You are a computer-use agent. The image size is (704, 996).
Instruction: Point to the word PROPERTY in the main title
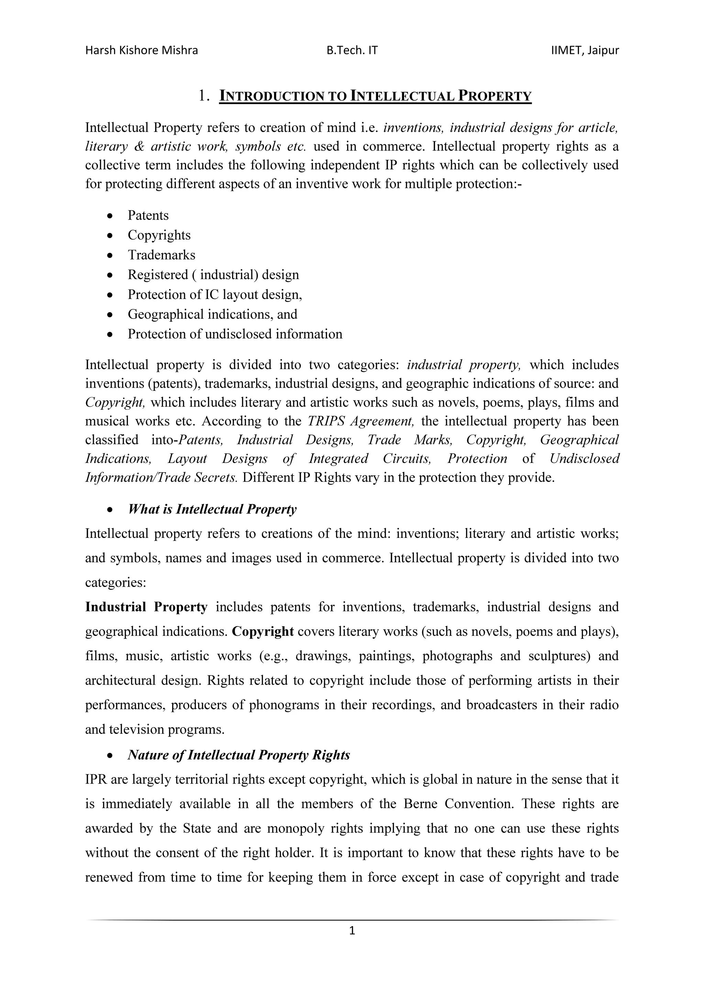point(495,96)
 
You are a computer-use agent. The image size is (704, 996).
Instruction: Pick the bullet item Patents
point(148,215)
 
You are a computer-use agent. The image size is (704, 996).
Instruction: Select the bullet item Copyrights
point(159,235)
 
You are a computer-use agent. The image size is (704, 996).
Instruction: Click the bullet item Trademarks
point(161,255)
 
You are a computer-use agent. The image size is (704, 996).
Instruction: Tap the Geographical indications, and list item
point(212,314)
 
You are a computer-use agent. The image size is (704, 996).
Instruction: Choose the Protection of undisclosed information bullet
point(235,334)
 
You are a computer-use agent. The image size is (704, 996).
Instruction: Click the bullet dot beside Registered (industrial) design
point(111,275)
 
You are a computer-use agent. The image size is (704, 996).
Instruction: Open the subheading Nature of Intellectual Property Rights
point(239,755)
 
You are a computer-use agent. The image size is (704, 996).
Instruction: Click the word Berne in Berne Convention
point(420,804)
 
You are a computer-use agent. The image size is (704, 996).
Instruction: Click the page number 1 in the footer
point(352,930)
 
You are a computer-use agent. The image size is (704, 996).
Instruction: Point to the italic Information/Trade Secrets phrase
point(161,478)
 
